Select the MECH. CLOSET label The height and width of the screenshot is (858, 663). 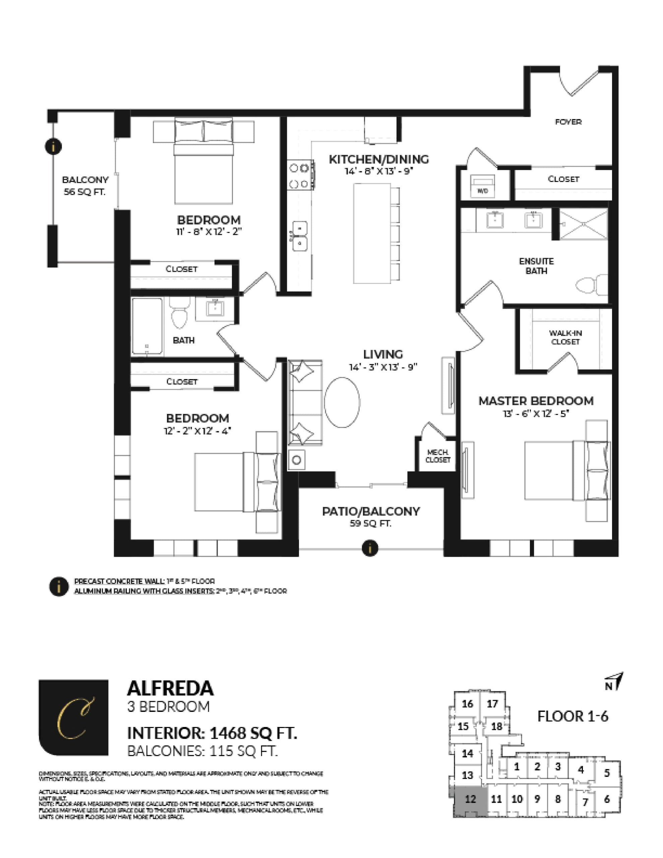click(437, 456)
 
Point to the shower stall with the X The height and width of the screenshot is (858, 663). click(583, 224)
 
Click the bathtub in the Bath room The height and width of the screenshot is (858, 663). click(147, 326)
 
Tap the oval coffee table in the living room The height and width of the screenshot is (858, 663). click(342, 402)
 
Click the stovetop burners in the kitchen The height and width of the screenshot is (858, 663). click(299, 176)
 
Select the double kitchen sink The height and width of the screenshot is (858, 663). click(300, 236)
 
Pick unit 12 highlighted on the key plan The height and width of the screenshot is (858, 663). click(470, 799)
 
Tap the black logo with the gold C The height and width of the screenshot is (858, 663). click(73, 717)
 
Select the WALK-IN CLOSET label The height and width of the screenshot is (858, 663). click(565, 337)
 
